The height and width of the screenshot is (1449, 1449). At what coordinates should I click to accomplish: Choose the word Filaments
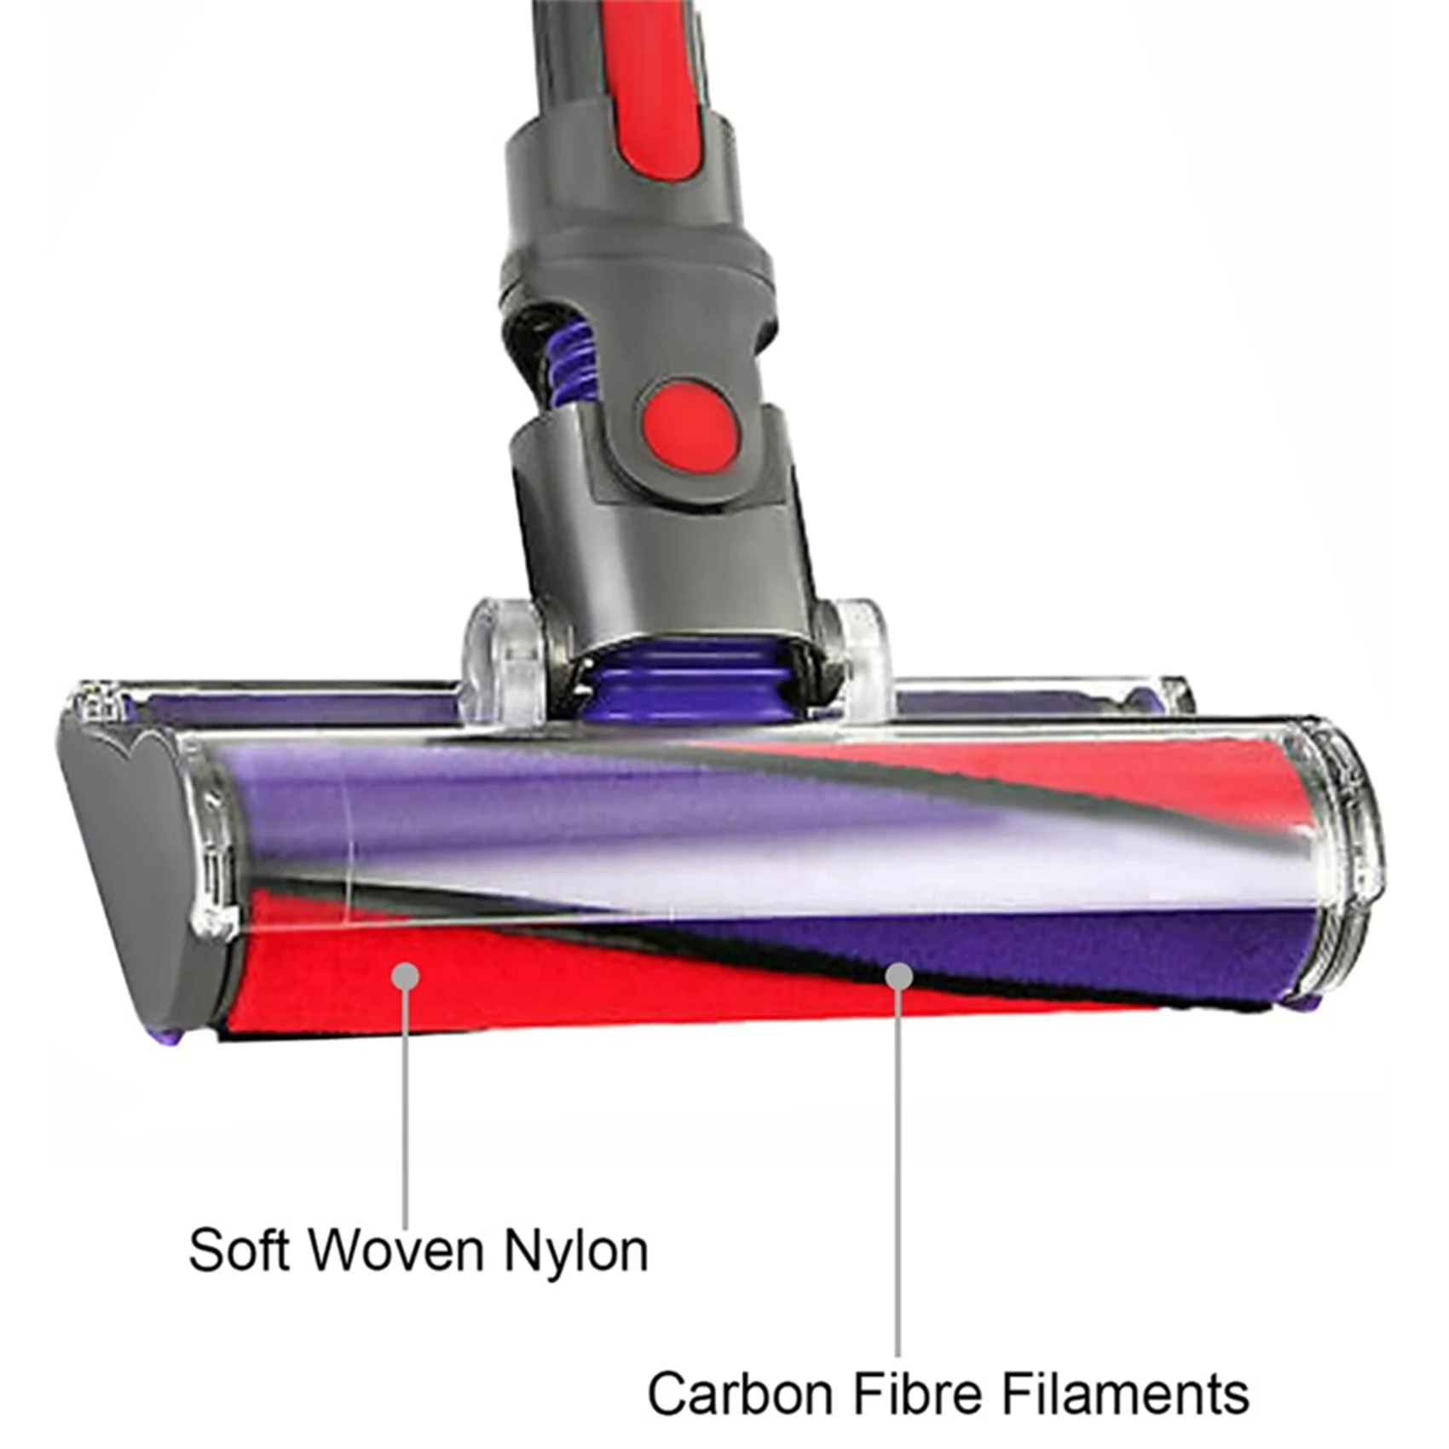(x=1125, y=1395)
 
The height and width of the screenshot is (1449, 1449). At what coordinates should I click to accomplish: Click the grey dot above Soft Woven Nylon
(x=407, y=976)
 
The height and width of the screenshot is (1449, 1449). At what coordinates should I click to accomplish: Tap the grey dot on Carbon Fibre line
(x=898, y=976)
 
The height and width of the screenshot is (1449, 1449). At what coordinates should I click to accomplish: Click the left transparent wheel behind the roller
(x=503, y=661)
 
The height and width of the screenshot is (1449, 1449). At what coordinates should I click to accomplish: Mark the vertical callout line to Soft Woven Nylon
(x=407, y=1108)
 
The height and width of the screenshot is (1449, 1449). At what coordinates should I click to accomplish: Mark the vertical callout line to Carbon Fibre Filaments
(x=898, y=1176)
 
